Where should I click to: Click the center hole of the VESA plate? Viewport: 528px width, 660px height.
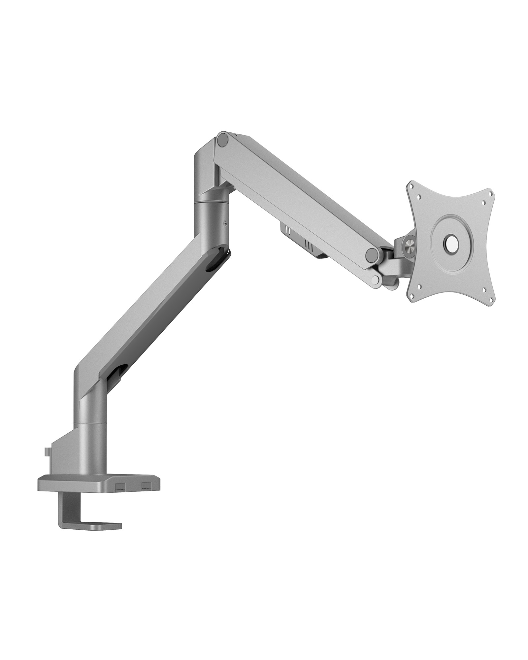pos(451,245)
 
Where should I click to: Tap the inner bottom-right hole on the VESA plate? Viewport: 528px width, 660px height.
pos(484,290)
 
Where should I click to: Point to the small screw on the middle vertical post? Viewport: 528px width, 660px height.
pos(225,223)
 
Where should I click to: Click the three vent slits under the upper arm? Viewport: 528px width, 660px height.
pos(309,245)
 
